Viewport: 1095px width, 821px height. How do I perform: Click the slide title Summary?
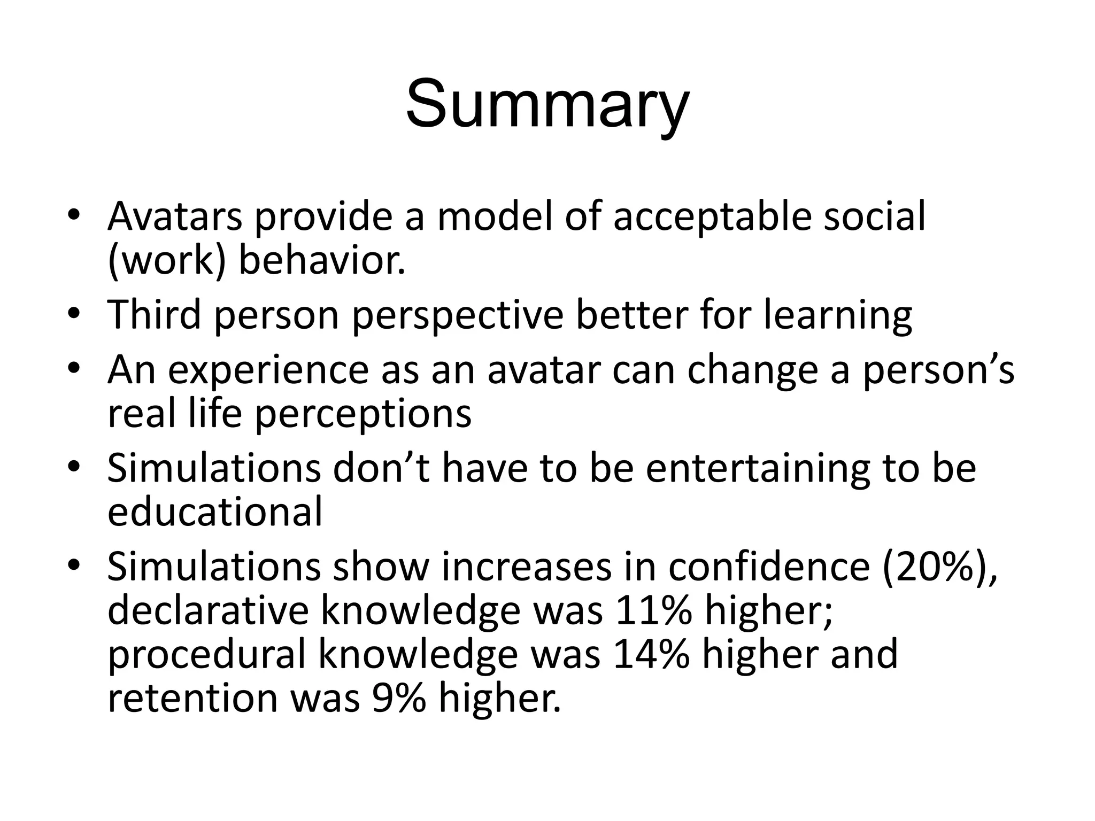click(x=547, y=104)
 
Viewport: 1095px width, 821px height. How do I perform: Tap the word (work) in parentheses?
click(x=166, y=261)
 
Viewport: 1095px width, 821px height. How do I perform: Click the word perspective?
click(x=458, y=315)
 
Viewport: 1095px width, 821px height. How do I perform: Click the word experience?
click(x=268, y=370)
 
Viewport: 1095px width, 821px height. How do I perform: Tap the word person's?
click(x=938, y=370)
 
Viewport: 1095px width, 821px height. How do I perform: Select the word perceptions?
click(x=363, y=414)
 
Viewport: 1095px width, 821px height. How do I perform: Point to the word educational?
click(x=215, y=512)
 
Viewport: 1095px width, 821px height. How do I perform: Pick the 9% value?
click(x=399, y=699)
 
